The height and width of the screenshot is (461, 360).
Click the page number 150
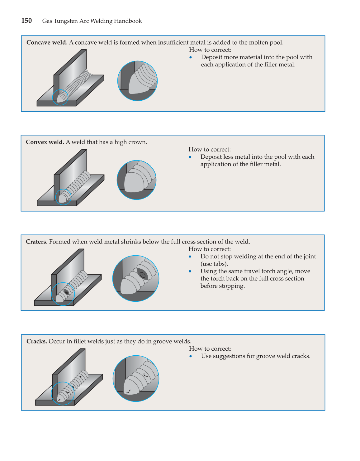[x=26, y=21]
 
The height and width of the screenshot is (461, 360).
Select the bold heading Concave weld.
[x=47, y=42]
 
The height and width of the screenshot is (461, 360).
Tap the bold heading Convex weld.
[x=45, y=142]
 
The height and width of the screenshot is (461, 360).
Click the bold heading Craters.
[x=36, y=242]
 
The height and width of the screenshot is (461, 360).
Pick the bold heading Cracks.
[x=36, y=341]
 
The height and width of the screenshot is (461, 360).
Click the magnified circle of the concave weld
[x=137, y=81]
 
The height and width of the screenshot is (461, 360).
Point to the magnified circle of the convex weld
[x=136, y=180]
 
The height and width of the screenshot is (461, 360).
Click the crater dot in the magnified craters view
[x=142, y=275]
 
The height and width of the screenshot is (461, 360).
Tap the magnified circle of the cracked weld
[x=136, y=378]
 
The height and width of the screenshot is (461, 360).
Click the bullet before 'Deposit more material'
[x=191, y=57]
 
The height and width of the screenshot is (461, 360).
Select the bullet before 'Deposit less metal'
[x=190, y=157]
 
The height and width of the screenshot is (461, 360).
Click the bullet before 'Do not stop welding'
[x=190, y=257]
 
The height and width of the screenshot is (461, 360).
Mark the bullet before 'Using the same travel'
[x=190, y=271]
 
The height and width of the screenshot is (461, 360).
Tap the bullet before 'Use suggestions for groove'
[x=191, y=356]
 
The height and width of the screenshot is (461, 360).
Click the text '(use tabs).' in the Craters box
[x=214, y=264]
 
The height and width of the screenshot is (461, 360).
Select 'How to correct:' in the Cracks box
[x=210, y=349]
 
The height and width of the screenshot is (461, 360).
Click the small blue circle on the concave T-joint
[x=60, y=97]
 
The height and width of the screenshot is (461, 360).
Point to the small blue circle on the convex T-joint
[x=63, y=197]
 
